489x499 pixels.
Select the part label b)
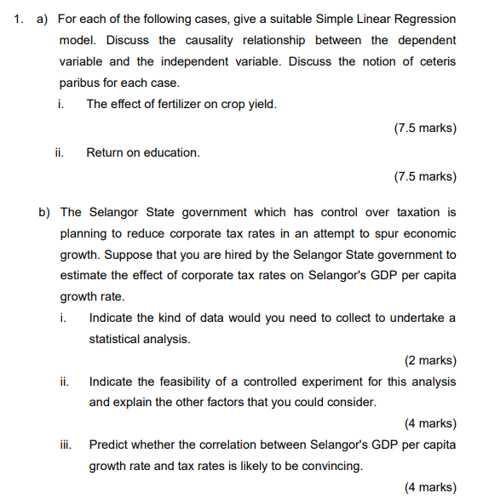click(43, 212)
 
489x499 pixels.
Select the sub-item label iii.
click(65, 445)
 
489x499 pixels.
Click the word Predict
click(109, 445)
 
